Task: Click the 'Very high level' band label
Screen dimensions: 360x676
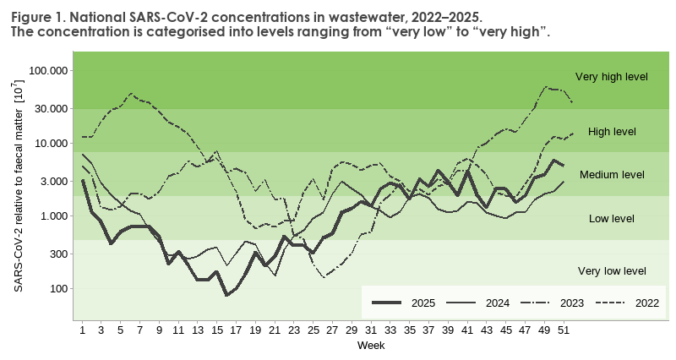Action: coord(611,77)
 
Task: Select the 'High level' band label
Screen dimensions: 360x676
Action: coord(612,132)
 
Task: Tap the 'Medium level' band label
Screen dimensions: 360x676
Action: coord(612,175)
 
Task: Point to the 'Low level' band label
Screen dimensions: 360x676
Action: coord(612,219)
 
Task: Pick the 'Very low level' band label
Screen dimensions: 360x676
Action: coord(612,271)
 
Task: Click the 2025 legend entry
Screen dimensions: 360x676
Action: coord(406,302)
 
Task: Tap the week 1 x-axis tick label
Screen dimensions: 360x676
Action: coord(82,330)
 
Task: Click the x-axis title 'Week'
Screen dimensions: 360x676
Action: coord(371,346)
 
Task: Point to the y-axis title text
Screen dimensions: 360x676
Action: coord(18,187)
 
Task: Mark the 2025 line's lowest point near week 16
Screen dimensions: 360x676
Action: coord(226,295)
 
